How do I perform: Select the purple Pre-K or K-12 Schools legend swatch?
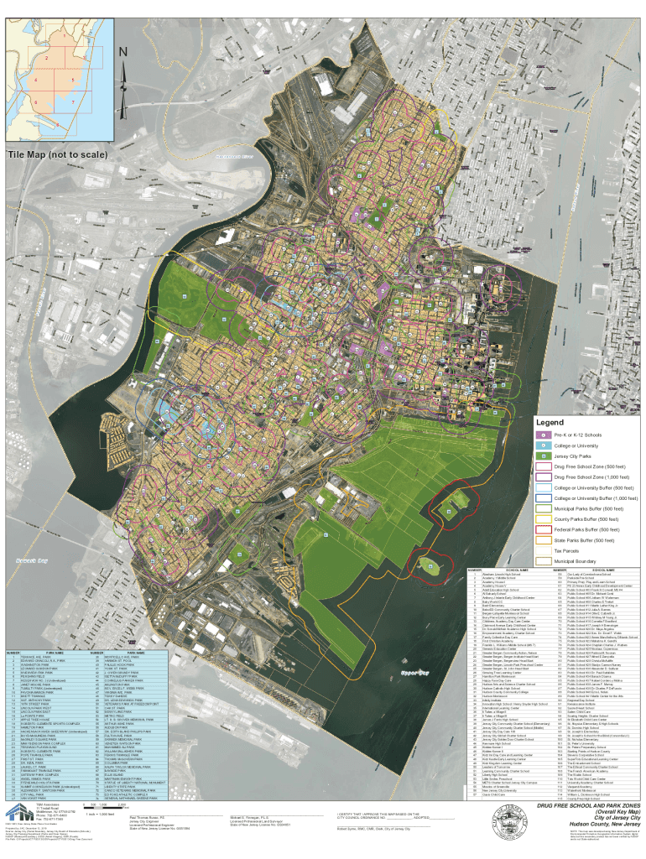point(544,435)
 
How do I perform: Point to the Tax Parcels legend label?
point(566,550)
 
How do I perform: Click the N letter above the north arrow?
point(123,52)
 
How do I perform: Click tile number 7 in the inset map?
point(74,102)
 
